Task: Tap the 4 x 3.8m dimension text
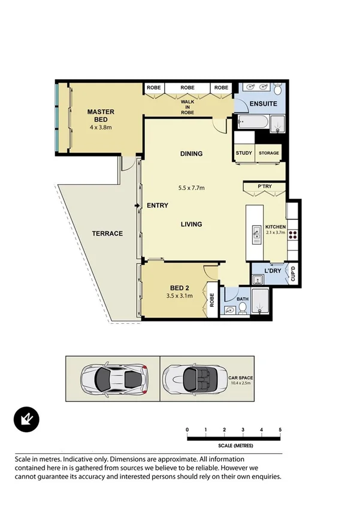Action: pos(101,128)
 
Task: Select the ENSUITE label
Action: pos(262,104)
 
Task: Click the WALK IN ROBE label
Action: pos(187,107)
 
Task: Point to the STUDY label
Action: pos(244,153)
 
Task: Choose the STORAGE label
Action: pos(269,153)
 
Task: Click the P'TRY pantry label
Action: pos(264,187)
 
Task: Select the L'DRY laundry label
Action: pos(273,271)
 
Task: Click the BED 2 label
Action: pos(180,287)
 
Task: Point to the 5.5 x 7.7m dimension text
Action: pos(192,188)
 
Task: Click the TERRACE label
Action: pos(108,233)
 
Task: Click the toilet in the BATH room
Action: pos(242,308)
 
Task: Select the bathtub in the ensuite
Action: pos(252,123)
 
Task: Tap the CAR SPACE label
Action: pos(241,378)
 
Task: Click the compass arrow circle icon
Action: pos(26,419)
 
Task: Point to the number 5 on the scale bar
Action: pos(280,430)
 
